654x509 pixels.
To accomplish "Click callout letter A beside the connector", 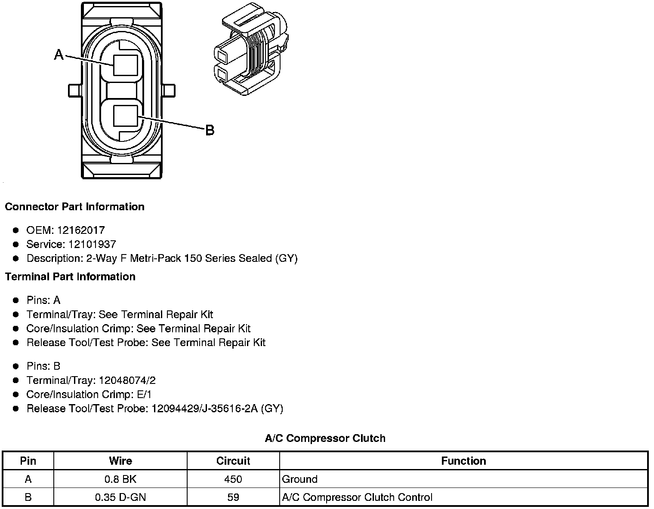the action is click(x=59, y=55).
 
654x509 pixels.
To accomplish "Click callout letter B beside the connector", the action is click(x=210, y=130).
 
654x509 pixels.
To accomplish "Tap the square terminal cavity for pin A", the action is click(x=126, y=65).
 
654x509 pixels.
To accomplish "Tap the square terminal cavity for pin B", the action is click(x=126, y=116).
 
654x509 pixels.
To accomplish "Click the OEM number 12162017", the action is click(x=80, y=230).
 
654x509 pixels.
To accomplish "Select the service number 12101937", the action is click(x=92, y=245).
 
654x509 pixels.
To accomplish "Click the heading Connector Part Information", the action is click(x=74, y=207).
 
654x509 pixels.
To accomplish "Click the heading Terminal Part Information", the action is click(x=70, y=276).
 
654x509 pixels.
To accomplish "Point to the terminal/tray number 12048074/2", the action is click(x=127, y=380).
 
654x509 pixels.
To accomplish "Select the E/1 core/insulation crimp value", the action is click(x=144, y=395).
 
